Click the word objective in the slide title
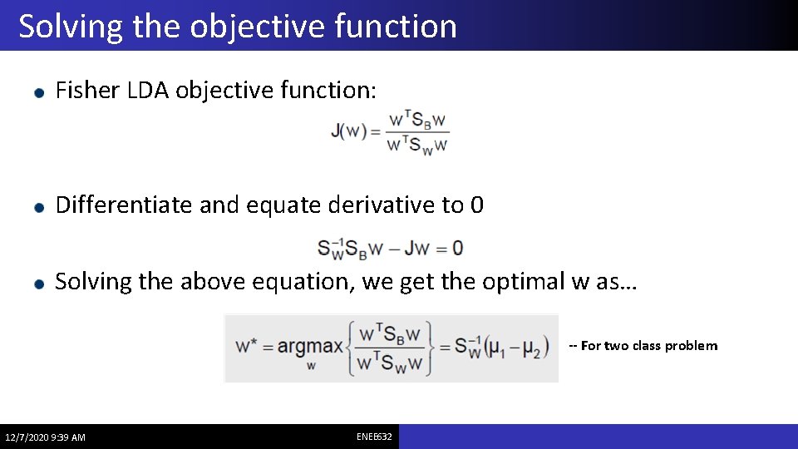click(255, 27)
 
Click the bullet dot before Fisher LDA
click(38, 93)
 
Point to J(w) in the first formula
click(349, 131)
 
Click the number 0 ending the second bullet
click(476, 205)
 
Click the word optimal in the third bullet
click(522, 282)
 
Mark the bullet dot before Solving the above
click(38, 284)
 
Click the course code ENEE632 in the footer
click(375, 437)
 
